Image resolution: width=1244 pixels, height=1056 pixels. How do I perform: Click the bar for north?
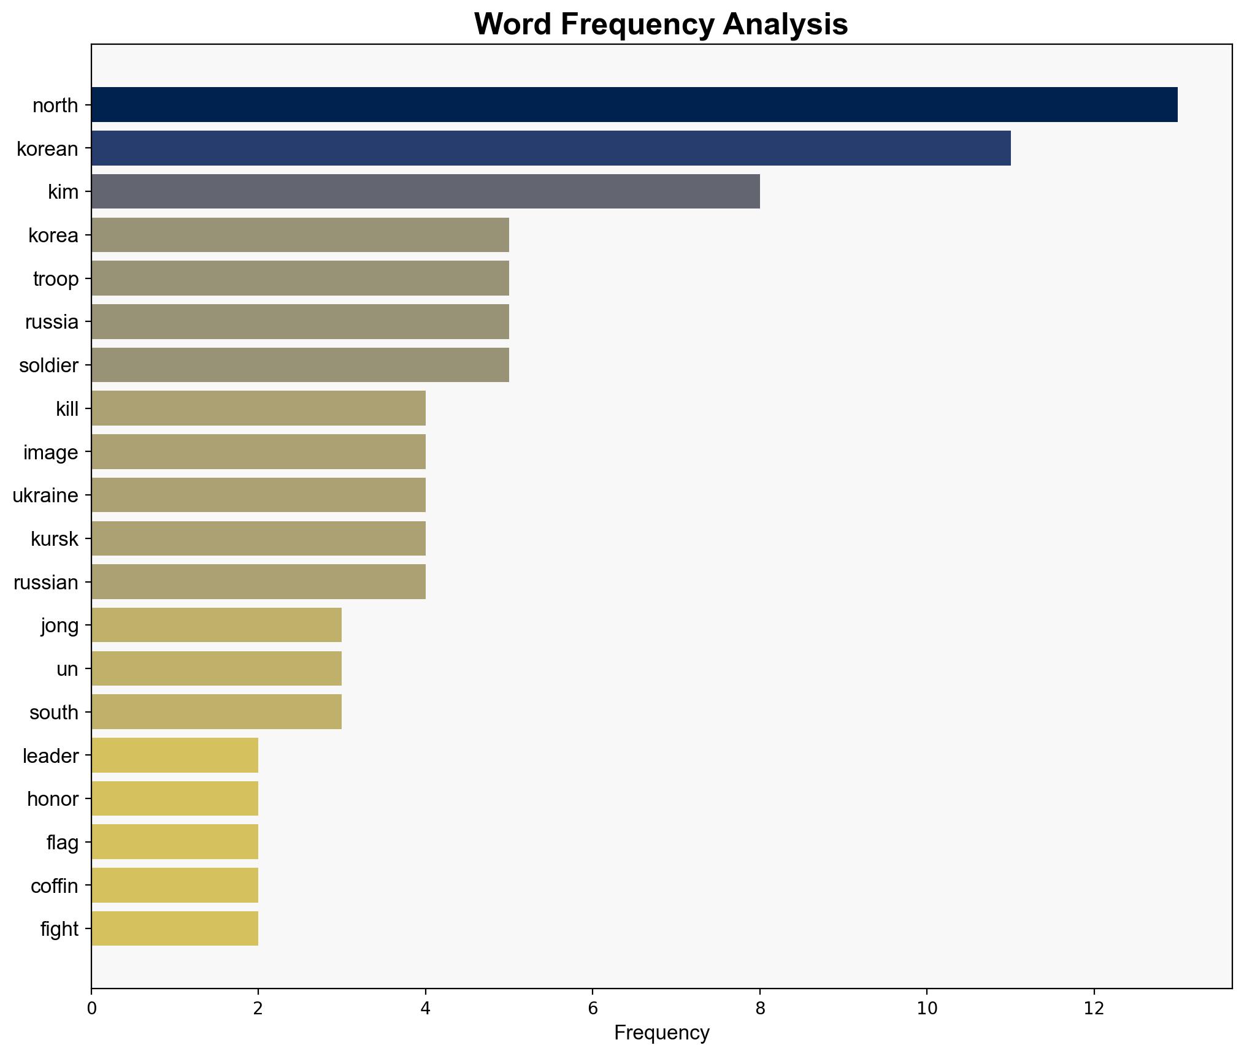pos(634,105)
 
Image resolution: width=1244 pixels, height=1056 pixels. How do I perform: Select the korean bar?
pos(550,148)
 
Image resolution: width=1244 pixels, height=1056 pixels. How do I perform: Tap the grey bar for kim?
pos(425,191)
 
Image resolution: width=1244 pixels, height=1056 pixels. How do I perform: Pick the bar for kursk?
pos(258,538)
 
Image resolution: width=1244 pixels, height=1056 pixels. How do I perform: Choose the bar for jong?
pos(216,625)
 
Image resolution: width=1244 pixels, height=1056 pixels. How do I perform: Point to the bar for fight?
pos(175,928)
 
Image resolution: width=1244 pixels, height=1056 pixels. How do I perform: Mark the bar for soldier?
pos(300,365)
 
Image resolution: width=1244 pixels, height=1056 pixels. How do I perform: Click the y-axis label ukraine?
pos(45,495)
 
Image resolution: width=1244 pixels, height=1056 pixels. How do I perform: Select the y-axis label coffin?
pos(54,886)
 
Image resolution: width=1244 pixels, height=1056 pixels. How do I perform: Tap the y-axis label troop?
pos(56,279)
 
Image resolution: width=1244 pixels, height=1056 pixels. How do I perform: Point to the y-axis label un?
pos(67,669)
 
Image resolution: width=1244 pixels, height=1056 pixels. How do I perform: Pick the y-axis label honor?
pos(53,799)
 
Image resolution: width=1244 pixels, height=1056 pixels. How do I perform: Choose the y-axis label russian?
pos(46,583)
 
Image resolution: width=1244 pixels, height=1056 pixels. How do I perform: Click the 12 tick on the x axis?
pos(1094,1009)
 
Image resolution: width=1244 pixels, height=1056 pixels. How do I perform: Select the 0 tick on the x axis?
pos(91,1009)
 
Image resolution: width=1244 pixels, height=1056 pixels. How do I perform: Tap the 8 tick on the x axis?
pos(760,1009)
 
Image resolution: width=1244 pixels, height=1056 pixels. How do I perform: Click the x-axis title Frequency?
pos(661,1033)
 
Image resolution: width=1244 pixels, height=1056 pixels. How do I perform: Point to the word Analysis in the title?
pos(785,25)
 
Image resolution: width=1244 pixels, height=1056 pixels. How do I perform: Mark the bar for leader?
pos(175,755)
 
